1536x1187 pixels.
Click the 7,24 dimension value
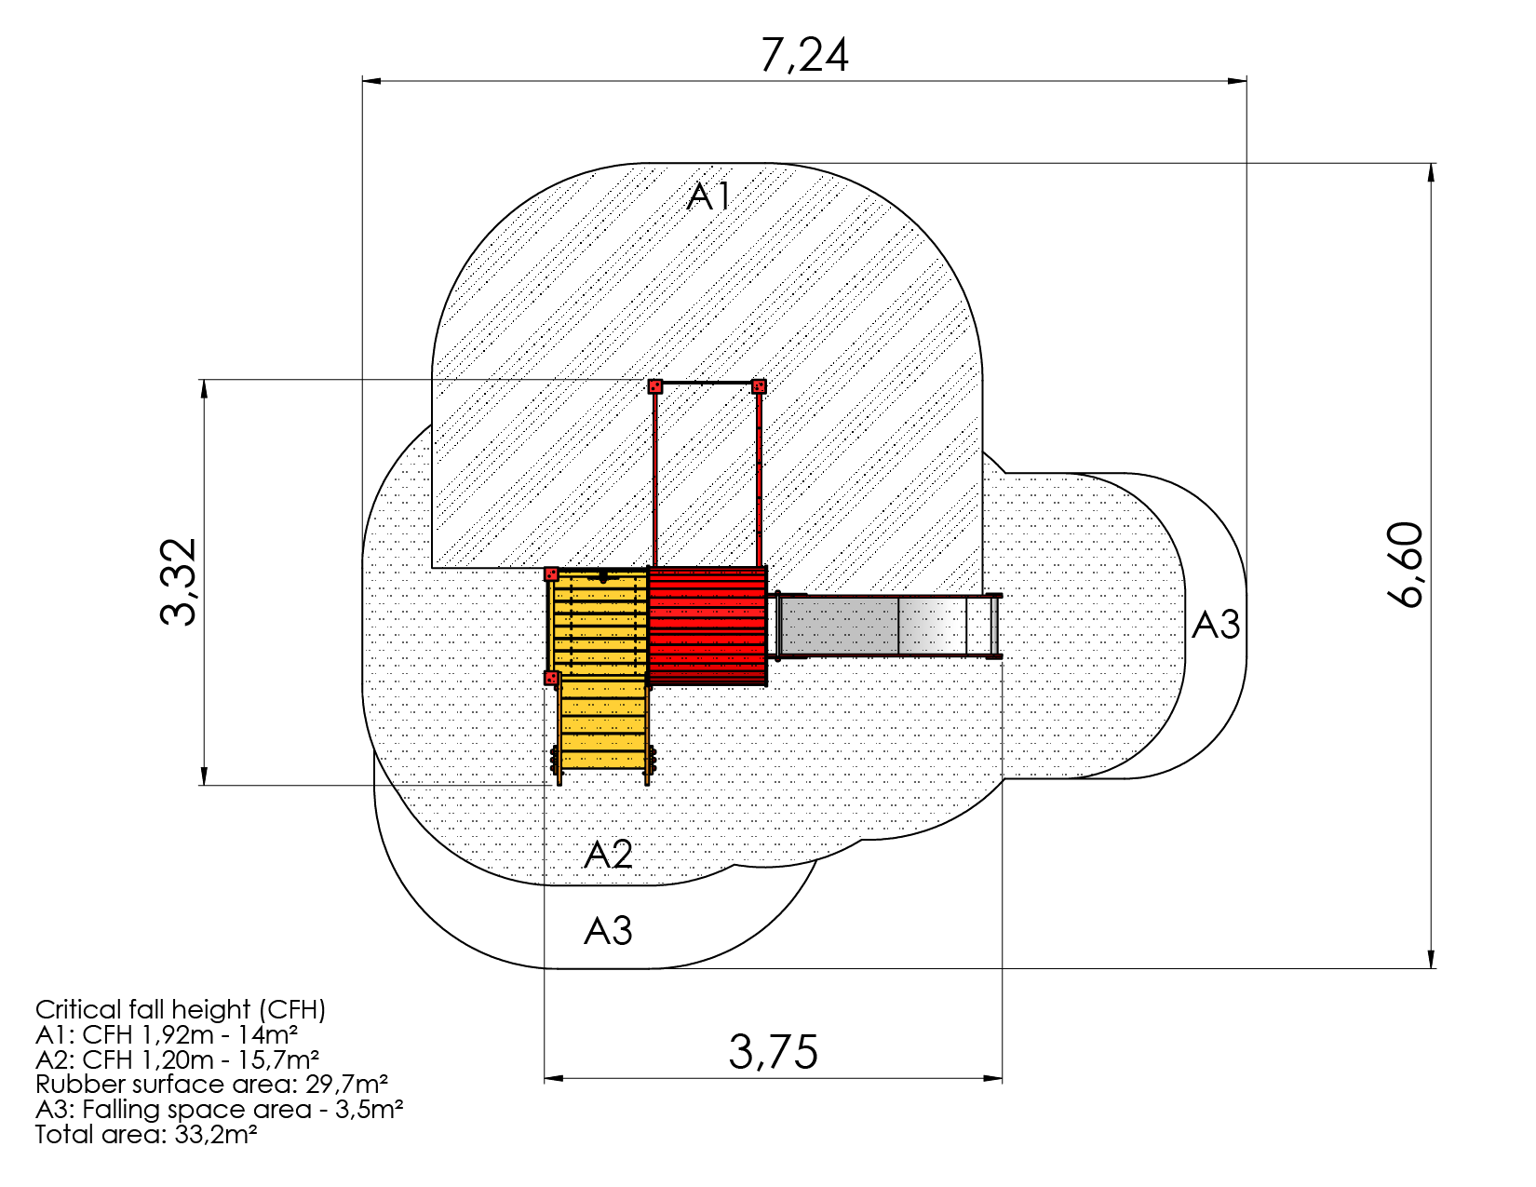tap(803, 55)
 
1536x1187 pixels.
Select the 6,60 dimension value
tap(1405, 565)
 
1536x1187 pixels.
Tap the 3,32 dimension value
tap(178, 582)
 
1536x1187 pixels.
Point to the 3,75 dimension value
tap(774, 1051)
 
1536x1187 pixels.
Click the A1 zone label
tap(708, 196)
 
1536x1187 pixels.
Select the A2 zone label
tap(608, 854)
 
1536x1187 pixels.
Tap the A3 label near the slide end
tap(1216, 625)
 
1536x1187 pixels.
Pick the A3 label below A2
tap(608, 930)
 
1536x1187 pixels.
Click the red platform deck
tap(707, 626)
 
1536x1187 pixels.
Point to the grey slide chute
tap(887, 627)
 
